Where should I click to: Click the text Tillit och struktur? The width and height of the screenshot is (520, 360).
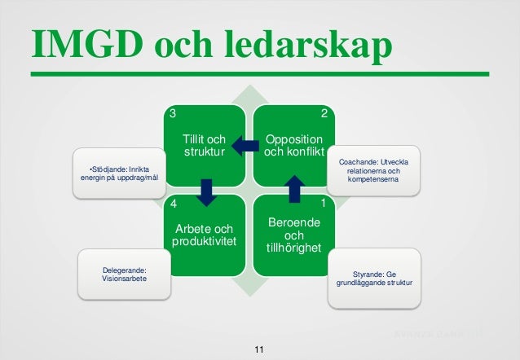204,146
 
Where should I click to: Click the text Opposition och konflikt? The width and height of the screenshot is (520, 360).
293,146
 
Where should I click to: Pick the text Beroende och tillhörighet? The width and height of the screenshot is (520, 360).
293,235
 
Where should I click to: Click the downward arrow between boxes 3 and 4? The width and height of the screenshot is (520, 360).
206,191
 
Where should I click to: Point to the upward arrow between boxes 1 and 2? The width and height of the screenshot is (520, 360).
293,187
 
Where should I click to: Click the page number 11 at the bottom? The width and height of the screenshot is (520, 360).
259,349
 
